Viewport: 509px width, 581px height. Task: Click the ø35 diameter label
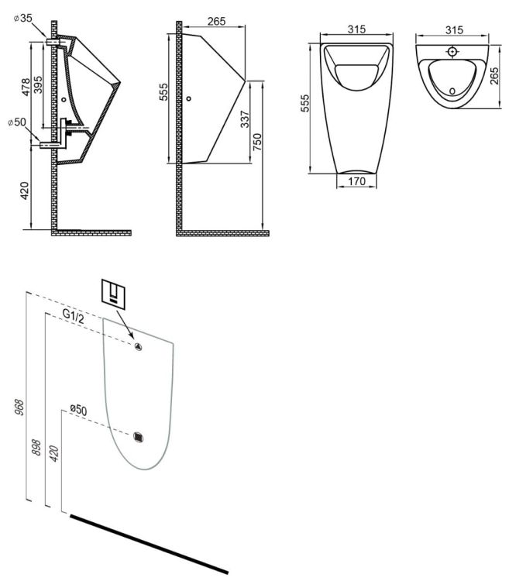(x=23, y=18)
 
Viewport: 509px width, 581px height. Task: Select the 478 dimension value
(x=26, y=87)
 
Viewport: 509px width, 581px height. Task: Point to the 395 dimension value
(x=38, y=84)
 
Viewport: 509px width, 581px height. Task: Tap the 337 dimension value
(x=245, y=119)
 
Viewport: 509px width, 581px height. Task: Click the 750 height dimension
(x=256, y=142)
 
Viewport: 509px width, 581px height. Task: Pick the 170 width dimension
(x=356, y=181)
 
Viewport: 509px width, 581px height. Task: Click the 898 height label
(x=36, y=447)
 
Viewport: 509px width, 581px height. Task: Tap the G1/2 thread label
(x=73, y=316)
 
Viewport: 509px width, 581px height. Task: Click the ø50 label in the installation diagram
(x=78, y=410)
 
